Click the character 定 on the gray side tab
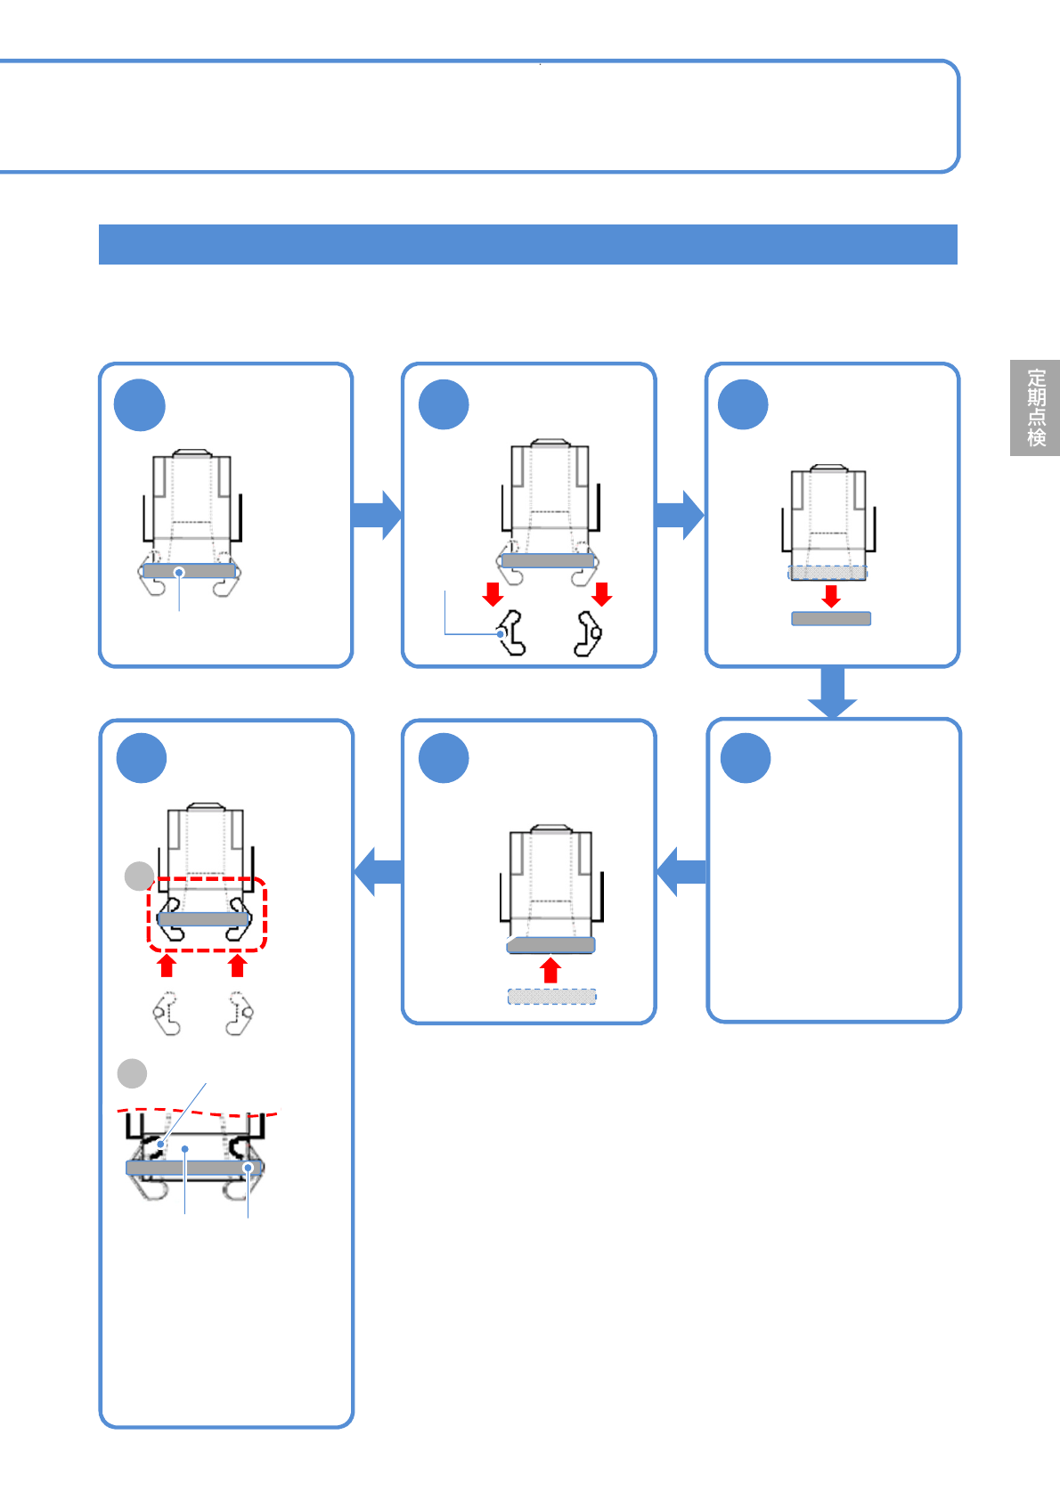1036,378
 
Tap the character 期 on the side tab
1036,397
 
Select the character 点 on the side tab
1036,417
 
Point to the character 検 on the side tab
1036,437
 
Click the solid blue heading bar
527,244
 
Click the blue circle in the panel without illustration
746,758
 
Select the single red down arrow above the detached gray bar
831,596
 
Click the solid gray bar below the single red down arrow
831,618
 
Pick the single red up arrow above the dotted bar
550,970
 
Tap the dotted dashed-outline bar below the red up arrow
551,997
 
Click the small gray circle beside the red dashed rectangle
139,876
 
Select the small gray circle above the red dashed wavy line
133,1072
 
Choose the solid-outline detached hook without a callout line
588,633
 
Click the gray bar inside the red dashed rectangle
203,918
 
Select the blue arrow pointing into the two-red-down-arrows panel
377,515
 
